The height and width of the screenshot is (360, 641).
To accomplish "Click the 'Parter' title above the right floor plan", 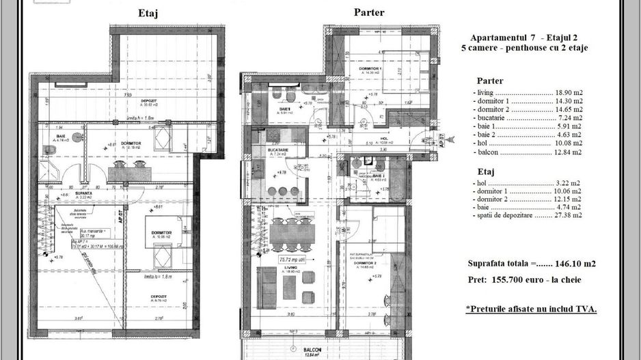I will [368, 12].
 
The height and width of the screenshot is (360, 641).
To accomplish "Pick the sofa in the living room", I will [262, 279].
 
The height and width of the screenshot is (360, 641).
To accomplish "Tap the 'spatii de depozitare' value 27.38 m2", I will [569, 214].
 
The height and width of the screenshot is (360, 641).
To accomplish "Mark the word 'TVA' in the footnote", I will [585, 309].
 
